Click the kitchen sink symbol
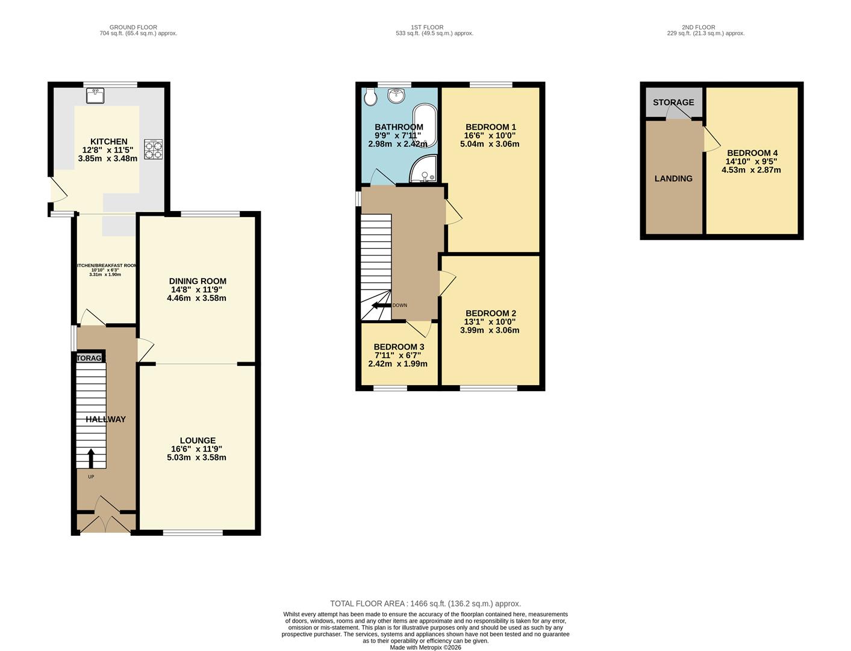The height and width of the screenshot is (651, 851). coord(95,95)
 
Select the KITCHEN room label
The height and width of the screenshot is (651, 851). coord(108,142)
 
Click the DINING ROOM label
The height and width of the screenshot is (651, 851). coord(198,281)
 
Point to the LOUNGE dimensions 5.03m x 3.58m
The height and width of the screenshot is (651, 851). coord(196,458)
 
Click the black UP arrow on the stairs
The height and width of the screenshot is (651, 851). coord(91,458)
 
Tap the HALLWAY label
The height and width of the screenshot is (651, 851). coord(105,419)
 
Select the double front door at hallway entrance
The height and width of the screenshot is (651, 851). coord(105,522)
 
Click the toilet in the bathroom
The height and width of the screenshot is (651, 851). coord(370,96)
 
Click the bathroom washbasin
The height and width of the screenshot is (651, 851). coord(396,95)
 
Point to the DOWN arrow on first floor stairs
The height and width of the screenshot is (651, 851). coord(382,306)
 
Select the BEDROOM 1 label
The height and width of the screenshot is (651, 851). coord(490,127)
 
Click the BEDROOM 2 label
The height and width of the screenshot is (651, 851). coord(490,313)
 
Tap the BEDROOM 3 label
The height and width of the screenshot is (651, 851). coord(399,347)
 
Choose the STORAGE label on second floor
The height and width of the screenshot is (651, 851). coord(673,102)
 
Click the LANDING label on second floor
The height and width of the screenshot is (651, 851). coord(673,178)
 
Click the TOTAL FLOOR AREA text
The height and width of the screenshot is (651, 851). coord(425,603)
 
